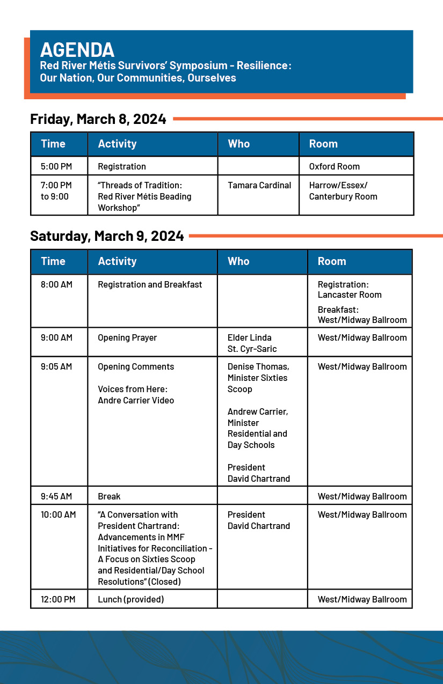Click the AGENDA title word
point(77,50)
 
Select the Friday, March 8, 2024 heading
point(98,119)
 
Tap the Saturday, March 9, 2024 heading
point(107,236)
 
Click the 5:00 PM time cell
point(56,166)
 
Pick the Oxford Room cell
point(334,166)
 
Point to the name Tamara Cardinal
point(259,185)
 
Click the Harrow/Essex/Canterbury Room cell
point(343,191)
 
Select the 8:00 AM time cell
point(56,284)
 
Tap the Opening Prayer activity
point(127,337)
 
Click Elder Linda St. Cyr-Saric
point(252,343)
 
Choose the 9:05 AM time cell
point(56,366)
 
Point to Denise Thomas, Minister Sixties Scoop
point(258,378)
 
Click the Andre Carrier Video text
point(136,400)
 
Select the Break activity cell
point(109,496)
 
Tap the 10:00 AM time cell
point(58,514)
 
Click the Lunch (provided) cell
point(130,599)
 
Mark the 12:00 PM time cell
point(58,599)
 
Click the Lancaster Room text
point(350,295)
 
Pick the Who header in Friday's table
point(238,144)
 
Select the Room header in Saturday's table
point(332,261)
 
